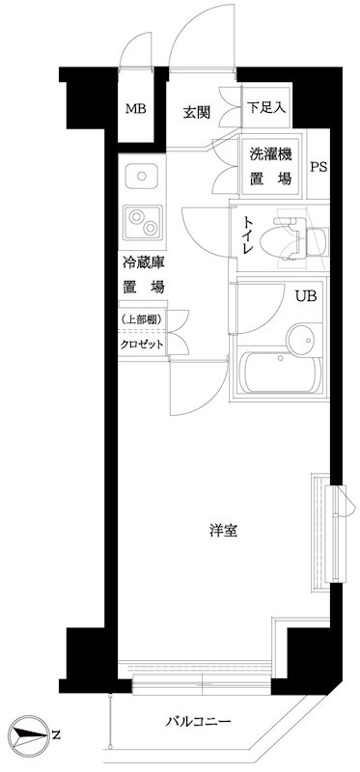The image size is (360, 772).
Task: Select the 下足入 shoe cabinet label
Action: (265, 106)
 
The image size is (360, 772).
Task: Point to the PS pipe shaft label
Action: (318, 166)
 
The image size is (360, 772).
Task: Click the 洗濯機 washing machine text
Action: (270, 154)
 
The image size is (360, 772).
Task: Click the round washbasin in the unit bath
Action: (301, 338)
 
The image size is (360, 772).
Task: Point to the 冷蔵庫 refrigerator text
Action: (142, 262)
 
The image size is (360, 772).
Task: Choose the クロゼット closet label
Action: (142, 345)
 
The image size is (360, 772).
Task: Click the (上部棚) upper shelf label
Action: (141, 319)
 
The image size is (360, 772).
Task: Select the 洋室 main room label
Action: (225, 530)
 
